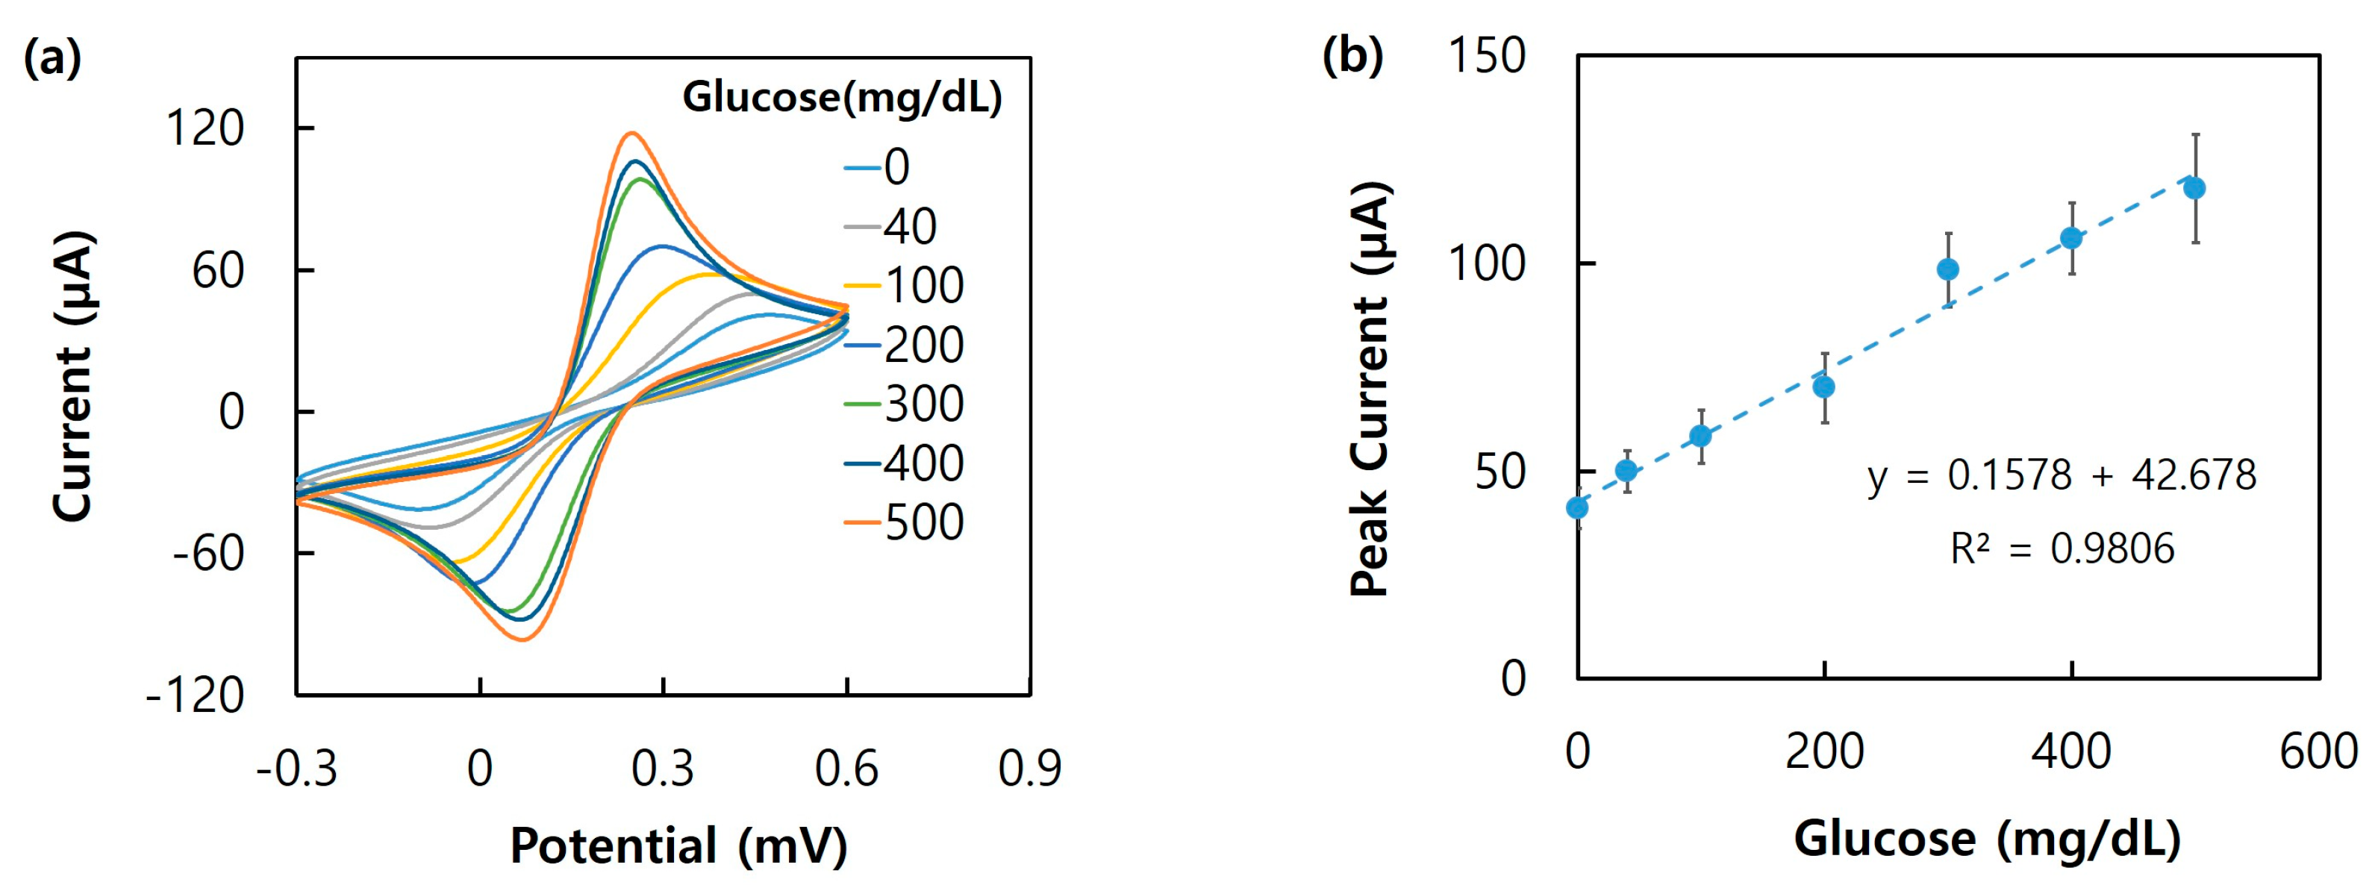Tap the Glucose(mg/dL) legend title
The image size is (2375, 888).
point(842,97)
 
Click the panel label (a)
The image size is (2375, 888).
point(52,58)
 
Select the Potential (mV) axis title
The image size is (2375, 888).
point(678,845)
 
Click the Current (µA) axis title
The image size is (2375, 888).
point(73,376)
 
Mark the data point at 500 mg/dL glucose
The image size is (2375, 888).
point(2195,188)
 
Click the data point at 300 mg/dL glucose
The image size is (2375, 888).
point(1948,269)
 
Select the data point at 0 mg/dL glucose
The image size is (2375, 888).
point(1578,508)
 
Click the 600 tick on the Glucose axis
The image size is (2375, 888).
point(2318,751)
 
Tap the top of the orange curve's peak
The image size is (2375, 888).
point(631,133)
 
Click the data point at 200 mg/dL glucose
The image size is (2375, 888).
point(1823,387)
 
